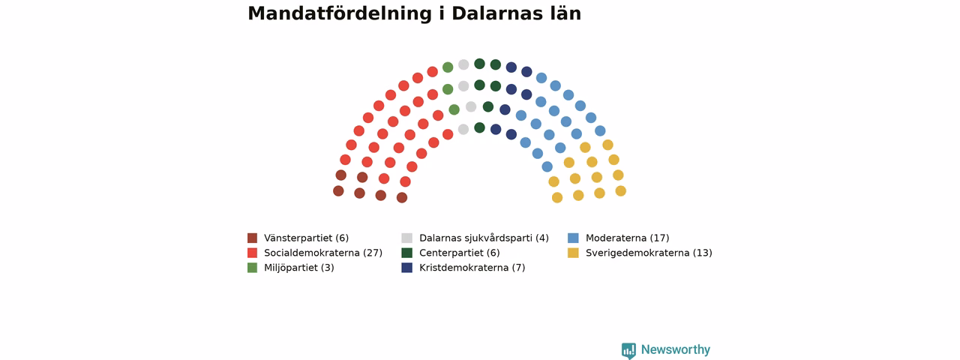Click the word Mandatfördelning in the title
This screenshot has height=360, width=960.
point(340,13)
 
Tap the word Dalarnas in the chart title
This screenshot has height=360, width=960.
point(497,13)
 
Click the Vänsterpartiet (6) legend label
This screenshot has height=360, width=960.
point(307,238)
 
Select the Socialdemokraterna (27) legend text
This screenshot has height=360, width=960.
point(323,253)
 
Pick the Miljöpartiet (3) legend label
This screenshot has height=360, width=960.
point(299,268)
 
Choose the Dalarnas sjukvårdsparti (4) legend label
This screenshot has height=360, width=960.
point(484,238)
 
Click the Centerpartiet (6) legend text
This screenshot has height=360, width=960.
point(460,253)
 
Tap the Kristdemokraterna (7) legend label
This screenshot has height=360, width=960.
point(472,268)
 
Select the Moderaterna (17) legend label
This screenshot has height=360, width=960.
point(628,238)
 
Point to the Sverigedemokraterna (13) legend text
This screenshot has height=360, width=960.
point(649,253)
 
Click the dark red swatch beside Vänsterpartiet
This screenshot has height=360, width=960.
point(253,238)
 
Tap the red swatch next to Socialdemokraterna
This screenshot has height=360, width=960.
point(253,253)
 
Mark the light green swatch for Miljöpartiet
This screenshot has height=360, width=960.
point(253,268)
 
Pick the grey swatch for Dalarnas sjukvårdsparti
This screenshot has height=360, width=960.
point(406,238)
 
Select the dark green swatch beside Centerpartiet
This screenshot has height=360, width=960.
point(406,253)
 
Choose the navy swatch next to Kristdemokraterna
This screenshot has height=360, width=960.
point(406,268)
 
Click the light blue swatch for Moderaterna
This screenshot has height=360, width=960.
point(573,238)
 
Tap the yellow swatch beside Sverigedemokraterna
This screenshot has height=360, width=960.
point(573,253)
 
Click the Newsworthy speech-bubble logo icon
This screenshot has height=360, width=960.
point(628,350)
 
